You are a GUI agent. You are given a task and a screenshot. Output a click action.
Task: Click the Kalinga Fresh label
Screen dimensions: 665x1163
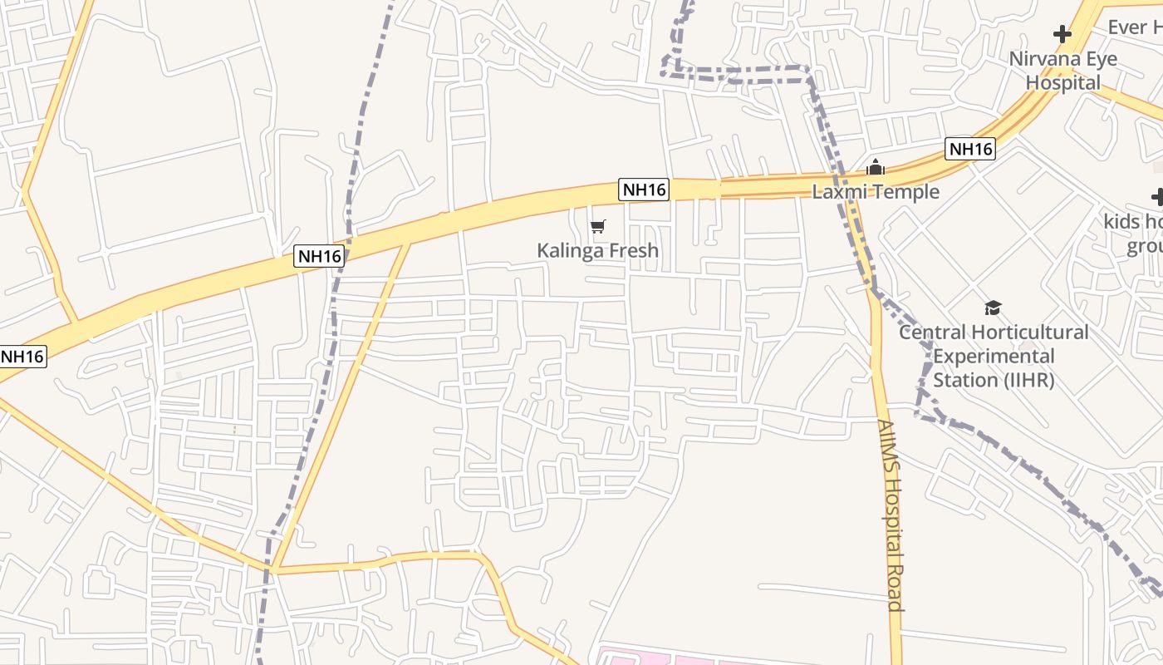(x=597, y=250)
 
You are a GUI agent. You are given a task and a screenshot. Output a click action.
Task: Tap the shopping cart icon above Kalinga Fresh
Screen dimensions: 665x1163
(x=597, y=226)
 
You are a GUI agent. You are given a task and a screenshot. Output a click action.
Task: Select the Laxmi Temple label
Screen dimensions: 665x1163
(x=876, y=192)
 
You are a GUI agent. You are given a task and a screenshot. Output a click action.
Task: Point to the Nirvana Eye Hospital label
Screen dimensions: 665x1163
(x=1062, y=71)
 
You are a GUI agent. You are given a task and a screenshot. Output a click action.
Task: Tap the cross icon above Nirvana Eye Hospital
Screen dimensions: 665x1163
(x=1062, y=34)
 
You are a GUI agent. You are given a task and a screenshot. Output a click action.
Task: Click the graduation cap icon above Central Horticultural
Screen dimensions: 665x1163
(x=993, y=308)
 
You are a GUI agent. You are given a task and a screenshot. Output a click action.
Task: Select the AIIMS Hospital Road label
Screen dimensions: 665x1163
(x=891, y=515)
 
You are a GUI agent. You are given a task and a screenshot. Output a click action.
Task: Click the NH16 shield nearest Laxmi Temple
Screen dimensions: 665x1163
(x=970, y=149)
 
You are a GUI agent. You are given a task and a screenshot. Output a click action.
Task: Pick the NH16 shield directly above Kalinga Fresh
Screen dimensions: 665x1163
(x=644, y=190)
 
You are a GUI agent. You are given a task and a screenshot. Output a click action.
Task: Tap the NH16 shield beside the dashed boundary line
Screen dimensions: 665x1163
(x=320, y=256)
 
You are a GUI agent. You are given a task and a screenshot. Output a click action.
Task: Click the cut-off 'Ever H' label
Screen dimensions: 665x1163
(x=1135, y=27)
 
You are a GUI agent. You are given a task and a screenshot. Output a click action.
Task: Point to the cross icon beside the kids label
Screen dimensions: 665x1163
(x=1158, y=197)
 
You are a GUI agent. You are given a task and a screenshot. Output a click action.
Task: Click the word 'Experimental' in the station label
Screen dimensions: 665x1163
(x=994, y=357)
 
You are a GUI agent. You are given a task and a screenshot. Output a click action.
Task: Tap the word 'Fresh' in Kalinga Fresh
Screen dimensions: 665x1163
(x=631, y=250)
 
